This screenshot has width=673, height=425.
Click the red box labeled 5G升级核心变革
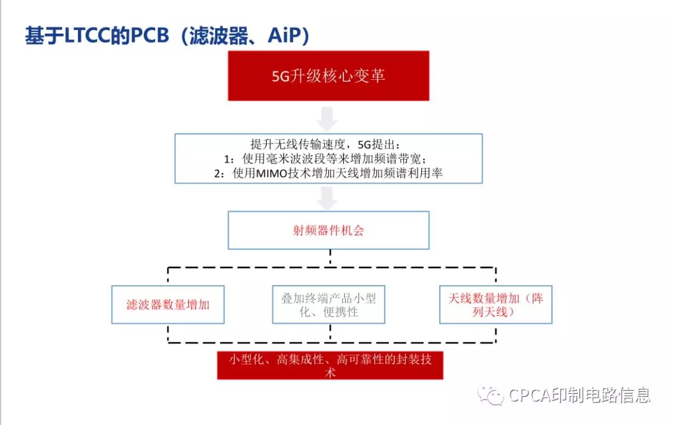pos(328,76)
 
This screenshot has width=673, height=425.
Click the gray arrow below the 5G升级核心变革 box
pos(328,119)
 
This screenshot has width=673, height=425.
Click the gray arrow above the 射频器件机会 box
pos(328,198)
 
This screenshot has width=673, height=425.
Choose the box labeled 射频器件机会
pos(328,230)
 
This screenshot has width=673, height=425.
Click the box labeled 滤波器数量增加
pos(168,305)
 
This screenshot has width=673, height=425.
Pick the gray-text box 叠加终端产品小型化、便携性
pos(328,305)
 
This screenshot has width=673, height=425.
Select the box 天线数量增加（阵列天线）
pos(496,305)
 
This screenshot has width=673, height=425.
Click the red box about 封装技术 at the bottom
pos(330,366)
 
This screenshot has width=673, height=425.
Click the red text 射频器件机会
pos(328,230)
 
